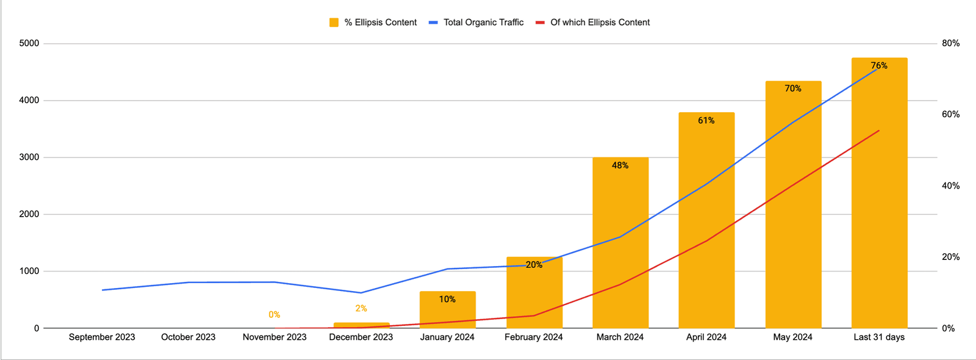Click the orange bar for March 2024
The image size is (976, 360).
point(620,244)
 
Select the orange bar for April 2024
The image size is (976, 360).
point(706,220)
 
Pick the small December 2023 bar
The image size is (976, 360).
point(361,325)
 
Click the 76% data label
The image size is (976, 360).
point(879,66)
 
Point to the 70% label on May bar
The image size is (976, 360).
point(793,88)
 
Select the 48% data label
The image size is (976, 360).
point(620,165)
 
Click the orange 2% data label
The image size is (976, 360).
point(361,309)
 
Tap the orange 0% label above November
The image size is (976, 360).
point(274,315)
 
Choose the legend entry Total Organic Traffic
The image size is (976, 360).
point(483,23)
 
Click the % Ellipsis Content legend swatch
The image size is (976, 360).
point(334,23)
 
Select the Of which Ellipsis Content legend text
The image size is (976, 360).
point(600,23)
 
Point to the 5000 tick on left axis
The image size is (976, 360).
point(29,43)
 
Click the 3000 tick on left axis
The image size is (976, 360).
point(29,157)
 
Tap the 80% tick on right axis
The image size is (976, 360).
point(950,43)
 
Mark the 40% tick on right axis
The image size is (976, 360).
point(950,186)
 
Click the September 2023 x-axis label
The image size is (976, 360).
point(102,337)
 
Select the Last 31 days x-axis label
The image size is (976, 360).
point(879,337)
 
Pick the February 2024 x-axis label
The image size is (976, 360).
point(534,337)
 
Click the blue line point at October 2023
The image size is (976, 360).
point(188,283)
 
